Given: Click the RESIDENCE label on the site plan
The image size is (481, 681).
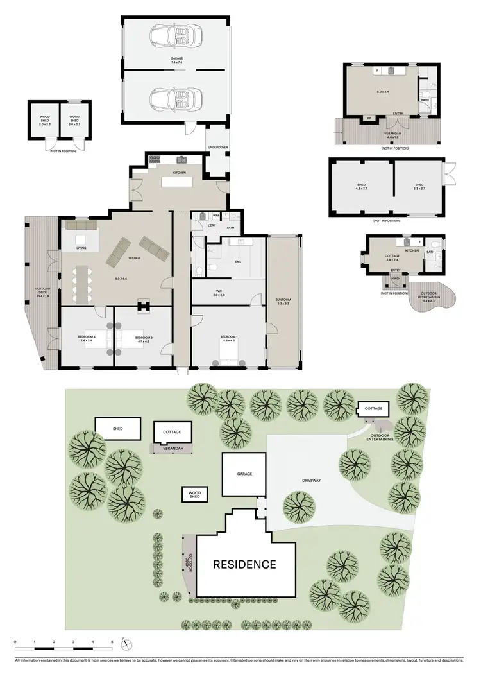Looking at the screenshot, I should click(245, 565).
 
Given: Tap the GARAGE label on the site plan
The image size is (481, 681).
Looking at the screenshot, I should click(244, 474).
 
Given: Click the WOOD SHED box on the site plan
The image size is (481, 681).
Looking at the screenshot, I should click(194, 494).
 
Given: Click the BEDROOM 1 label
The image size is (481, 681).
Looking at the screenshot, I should click(229, 337).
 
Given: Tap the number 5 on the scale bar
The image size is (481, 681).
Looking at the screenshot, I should click(112, 642).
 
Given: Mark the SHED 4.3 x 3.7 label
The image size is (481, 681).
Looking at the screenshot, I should click(360, 186).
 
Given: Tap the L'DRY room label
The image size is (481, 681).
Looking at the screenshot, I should click(211, 225).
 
